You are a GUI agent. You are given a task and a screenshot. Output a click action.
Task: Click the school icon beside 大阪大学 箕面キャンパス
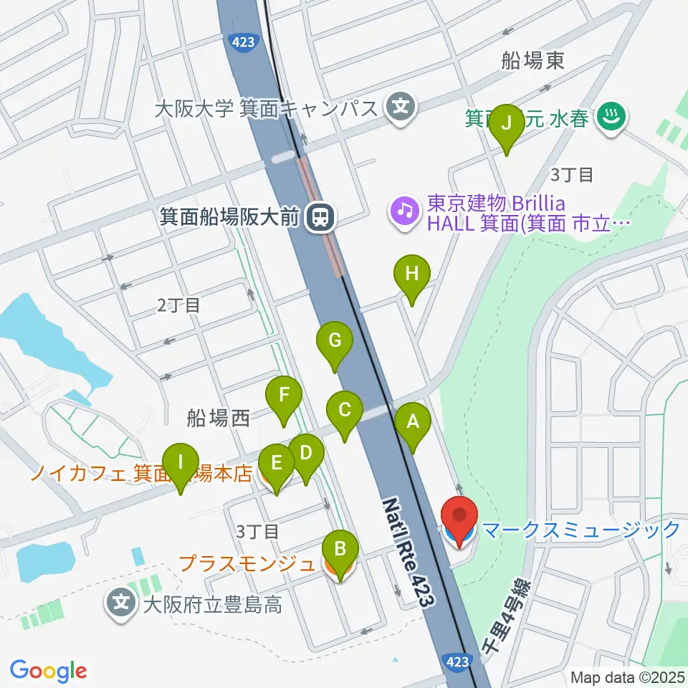click(398, 108)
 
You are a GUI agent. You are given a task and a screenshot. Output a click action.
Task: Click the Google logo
click(48, 671)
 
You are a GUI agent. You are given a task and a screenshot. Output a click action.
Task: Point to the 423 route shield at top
click(243, 43)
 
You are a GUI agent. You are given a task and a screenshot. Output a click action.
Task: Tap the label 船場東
click(532, 61)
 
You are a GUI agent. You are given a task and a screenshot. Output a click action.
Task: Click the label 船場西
click(218, 419)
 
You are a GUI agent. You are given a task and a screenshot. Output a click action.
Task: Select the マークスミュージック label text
click(580, 530)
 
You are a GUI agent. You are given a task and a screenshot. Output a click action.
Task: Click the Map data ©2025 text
click(628, 677)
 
